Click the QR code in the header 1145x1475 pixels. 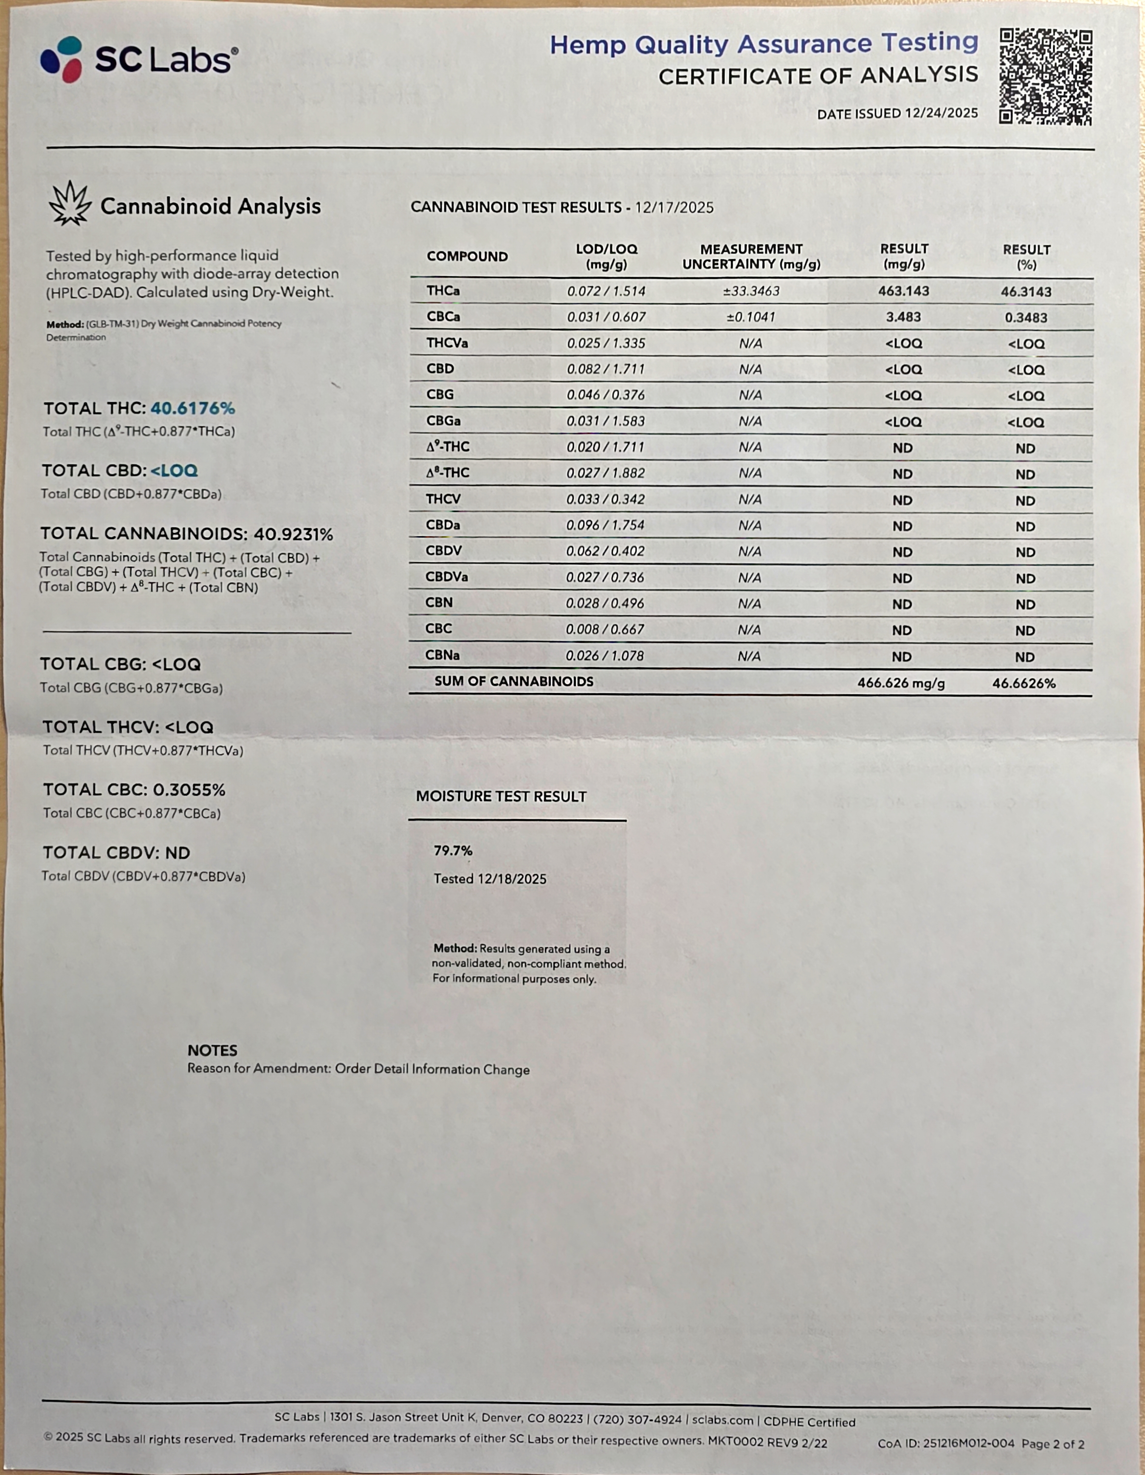[1045, 76]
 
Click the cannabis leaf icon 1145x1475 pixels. [70, 203]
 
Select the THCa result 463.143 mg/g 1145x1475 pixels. [903, 291]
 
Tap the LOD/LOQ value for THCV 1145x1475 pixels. [606, 499]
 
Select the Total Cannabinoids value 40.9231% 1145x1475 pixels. [293, 534]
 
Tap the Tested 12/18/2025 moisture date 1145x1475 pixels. [489, 879]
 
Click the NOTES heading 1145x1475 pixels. [212, 1050]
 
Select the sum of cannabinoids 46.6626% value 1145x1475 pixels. [1024, 683]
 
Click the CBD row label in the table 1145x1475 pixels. [440, 369]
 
